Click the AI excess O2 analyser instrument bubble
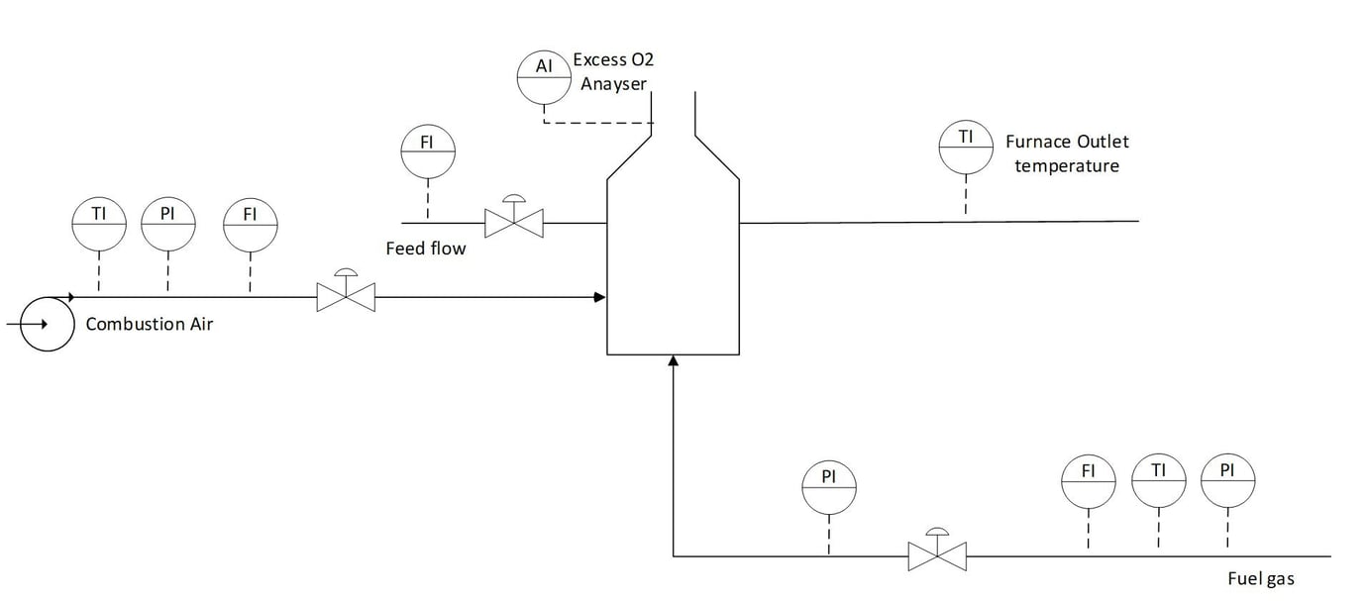[x=544, y=75]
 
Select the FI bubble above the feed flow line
[x=427, y=150]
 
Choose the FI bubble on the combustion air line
[x=251, y=224]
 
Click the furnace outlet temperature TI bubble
[x=966, y=146]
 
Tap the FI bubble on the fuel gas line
[x=1088, y=480]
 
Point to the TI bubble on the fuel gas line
[x=1158, y=480]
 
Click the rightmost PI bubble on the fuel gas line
[x=1227, y=480]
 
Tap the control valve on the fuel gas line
[x=937, y=555]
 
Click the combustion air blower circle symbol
[x=47, y=324]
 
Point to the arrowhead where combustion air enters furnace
[x=599, y=296]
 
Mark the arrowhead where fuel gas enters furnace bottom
[x=673, y=361]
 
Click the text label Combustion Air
[x=149, y=324]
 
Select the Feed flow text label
[x=425, y=249]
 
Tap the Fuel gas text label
[x=1260, y=579]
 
